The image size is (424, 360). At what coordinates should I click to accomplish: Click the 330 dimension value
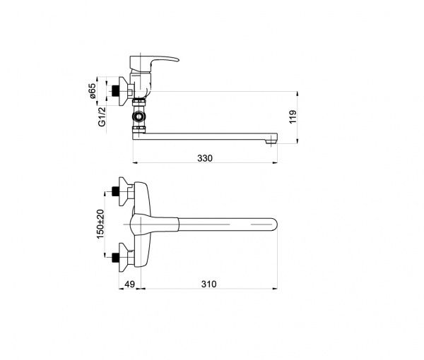pyautogui.click(x=205, y=158)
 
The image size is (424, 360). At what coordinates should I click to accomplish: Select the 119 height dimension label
pyautogui.click(x=293, y=116)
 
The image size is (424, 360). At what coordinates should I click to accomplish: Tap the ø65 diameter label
pyautogui.click(x=92, y=91)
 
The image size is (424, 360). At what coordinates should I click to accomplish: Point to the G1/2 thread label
pyautogui.click(x=102, y=116)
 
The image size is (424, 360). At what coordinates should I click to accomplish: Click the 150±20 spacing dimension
pyautogui.click(x=100, y=224)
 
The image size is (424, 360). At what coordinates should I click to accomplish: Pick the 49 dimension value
pyautogui.click(x=129, y=284)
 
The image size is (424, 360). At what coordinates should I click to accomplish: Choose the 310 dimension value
pyautogui.click(x=208, y=284)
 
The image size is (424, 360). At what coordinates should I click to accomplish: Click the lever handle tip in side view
pyautogui.click(x=177, y=59)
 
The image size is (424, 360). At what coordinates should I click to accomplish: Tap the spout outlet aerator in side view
pyautogui.click(x=271, y=142)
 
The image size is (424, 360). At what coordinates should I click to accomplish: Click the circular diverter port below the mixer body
pyautogui.click(x=139, y=116)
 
